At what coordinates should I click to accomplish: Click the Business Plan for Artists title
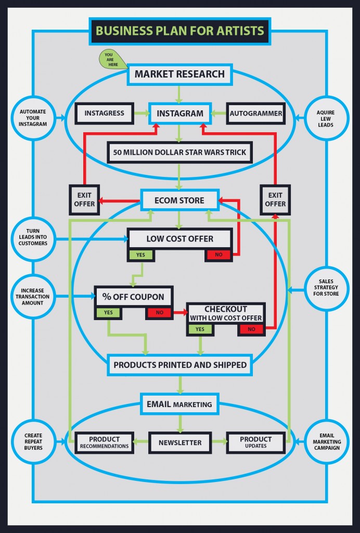[x=179, y=31]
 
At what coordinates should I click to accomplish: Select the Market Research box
[x=179, y=74]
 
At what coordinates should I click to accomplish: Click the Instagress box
[x=104, y=113]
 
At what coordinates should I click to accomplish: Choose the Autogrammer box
[x=256, y=113]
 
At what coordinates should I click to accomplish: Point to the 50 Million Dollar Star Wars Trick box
[x=179, y=153]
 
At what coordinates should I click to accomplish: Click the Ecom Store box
[x=179, y=200]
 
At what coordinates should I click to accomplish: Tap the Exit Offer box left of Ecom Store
[x=84, y=199]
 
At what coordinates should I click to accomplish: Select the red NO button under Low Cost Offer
[x=218, y=255]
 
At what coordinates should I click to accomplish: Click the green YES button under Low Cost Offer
[x=141, y=255]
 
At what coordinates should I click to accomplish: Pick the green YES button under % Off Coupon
[x=108, y=313]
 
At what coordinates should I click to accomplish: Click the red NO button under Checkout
[x=252, y=329]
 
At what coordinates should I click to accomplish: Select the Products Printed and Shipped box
[x=180, y=365]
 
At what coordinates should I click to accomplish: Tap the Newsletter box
[x=180, y=442]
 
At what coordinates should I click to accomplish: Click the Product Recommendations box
[x=104, y=442]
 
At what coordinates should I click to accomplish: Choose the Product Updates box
[x=256, y=442]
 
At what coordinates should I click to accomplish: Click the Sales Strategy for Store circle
[x=326, y=287]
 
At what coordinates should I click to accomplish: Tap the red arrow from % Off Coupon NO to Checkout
[x=179, y=313]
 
